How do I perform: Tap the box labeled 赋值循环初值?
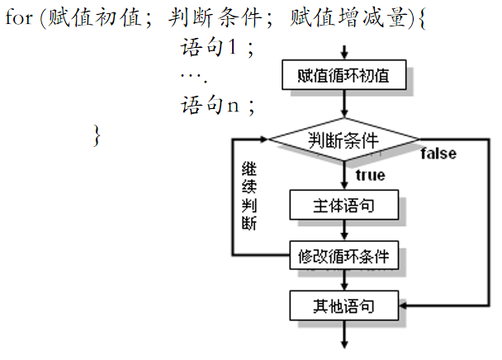[x=345, y=76]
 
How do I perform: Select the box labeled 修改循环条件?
[x=344, y=256]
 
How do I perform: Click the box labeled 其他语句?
[x=344, y=306]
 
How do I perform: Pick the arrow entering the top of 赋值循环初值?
[x=345, y=50]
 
